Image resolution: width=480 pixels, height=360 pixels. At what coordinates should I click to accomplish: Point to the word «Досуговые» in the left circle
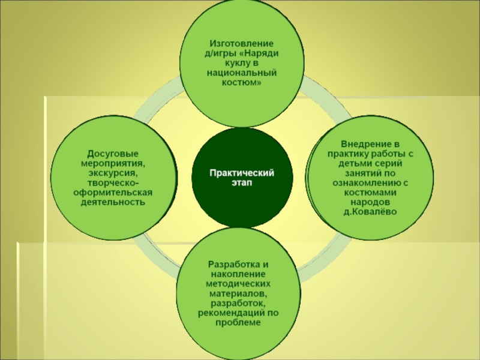[x=113, y=154]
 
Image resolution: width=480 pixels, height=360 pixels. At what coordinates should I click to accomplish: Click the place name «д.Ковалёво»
[x=370, y=212]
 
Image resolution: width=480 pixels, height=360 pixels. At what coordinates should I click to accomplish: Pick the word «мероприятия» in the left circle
[x=112, y=163]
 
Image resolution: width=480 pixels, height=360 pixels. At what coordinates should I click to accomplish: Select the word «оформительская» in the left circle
[x=113, y=193]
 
